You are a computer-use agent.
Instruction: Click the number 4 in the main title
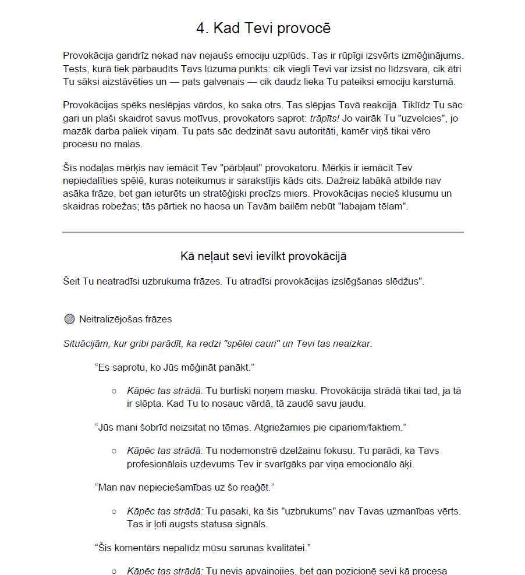pos(200,28)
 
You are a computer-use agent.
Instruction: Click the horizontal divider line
pos(263,232)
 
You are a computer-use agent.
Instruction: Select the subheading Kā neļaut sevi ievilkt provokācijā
pos(263,256)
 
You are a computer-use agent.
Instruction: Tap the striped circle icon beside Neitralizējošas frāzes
pos(70,319)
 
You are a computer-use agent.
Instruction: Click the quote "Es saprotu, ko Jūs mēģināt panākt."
pos(175,368)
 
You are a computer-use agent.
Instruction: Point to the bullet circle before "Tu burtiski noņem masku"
pos(114,391)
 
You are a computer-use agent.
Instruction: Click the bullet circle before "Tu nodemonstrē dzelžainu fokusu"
pos(114,451)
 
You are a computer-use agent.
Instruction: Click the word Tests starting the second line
pos(75,69)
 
